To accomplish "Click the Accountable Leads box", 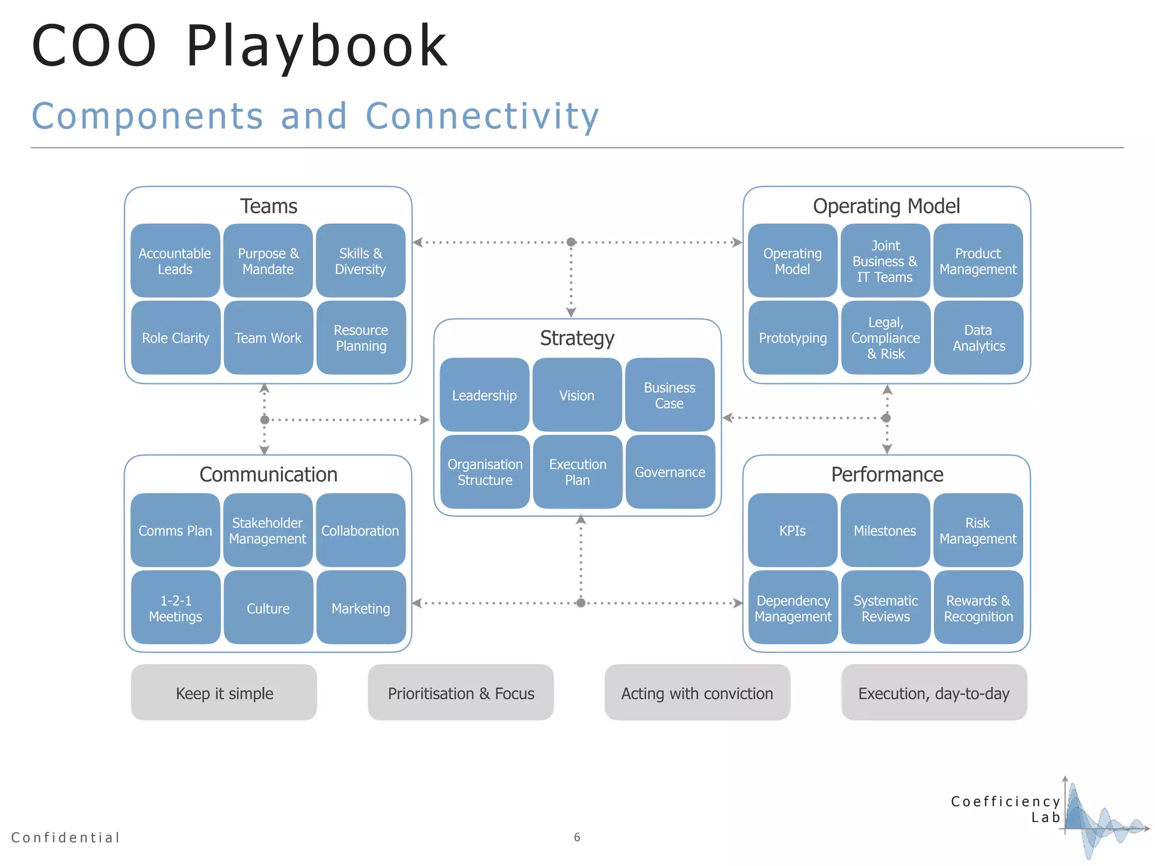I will coord(175,261).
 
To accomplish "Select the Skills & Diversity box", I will coord(360,261).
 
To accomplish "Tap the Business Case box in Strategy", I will coord(669,395).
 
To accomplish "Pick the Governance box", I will coord(670,472).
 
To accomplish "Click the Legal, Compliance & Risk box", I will coord(885,338).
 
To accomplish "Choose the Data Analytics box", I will coord(978,338).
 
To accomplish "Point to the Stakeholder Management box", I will coord(268,531).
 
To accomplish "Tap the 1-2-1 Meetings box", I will coord(175,608).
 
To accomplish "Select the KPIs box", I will coord(792,531).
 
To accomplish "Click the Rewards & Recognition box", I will coord(978,608).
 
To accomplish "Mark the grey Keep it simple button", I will coord(224,693).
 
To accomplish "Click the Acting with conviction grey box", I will coord(697,693).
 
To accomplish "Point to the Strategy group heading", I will coord(577,338).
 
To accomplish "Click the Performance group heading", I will coord(887,474).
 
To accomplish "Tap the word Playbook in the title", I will coord(317,47).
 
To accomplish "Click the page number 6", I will coord(577,837).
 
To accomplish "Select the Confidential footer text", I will coord(66,837).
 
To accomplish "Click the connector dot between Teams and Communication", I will coord(264,419).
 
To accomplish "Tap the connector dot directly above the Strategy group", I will coord(571,242).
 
